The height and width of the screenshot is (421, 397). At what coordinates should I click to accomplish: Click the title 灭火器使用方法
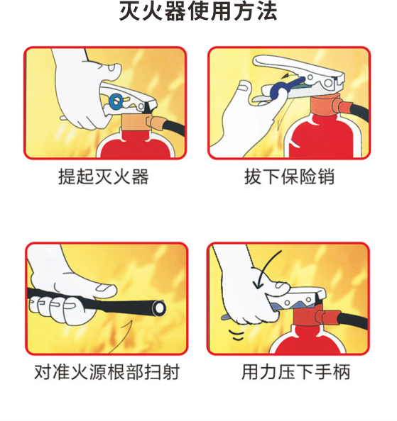pos(198,12)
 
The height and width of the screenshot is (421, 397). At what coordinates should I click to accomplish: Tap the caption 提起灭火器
pos(104,176)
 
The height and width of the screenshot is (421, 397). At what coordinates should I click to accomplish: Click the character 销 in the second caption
pos(325,176)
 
